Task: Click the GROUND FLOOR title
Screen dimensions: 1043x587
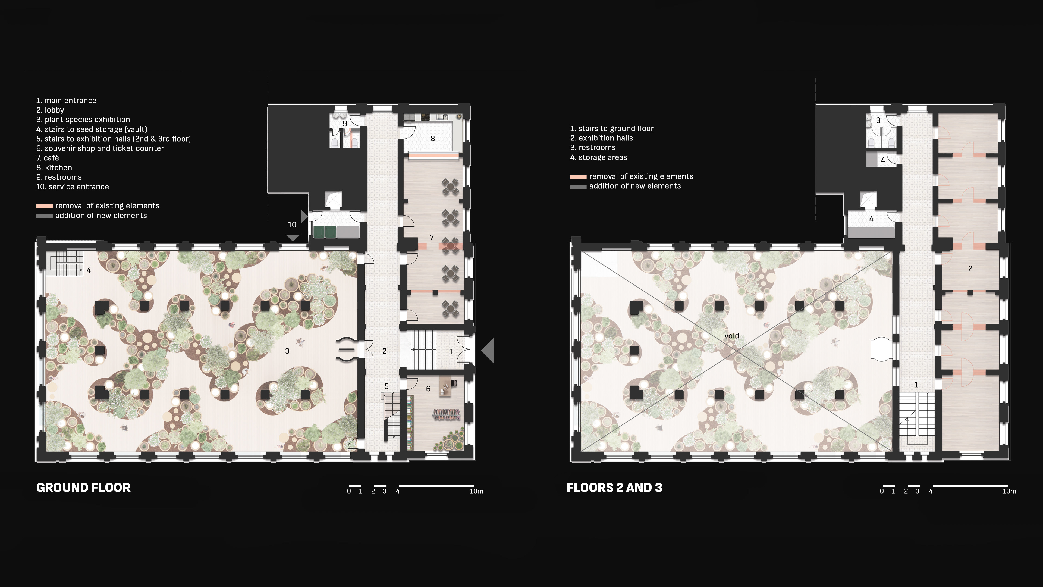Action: [83, 487]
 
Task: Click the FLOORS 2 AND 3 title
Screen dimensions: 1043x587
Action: [614, 487]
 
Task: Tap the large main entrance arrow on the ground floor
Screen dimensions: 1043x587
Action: [488, 350]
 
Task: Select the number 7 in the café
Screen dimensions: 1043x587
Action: [432, 238]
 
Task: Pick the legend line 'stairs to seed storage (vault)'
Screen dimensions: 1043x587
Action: [92, 129]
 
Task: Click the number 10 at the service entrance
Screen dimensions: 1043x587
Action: [292, 224]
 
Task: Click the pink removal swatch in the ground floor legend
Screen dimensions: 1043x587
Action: [45, 206]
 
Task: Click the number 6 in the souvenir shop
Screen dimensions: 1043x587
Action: [428, 389]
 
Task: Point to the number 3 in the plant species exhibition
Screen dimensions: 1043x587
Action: [287, 351]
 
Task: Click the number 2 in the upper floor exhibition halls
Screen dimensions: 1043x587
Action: [970, 268]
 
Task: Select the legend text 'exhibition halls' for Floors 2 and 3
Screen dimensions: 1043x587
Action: [606, 138]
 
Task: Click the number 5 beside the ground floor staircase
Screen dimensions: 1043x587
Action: [386, 386]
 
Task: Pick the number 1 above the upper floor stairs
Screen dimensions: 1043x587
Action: [916, 385]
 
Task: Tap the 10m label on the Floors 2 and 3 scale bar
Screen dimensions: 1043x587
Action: [1009, 491]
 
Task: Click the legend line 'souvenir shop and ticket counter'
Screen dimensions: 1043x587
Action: [100, 148]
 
